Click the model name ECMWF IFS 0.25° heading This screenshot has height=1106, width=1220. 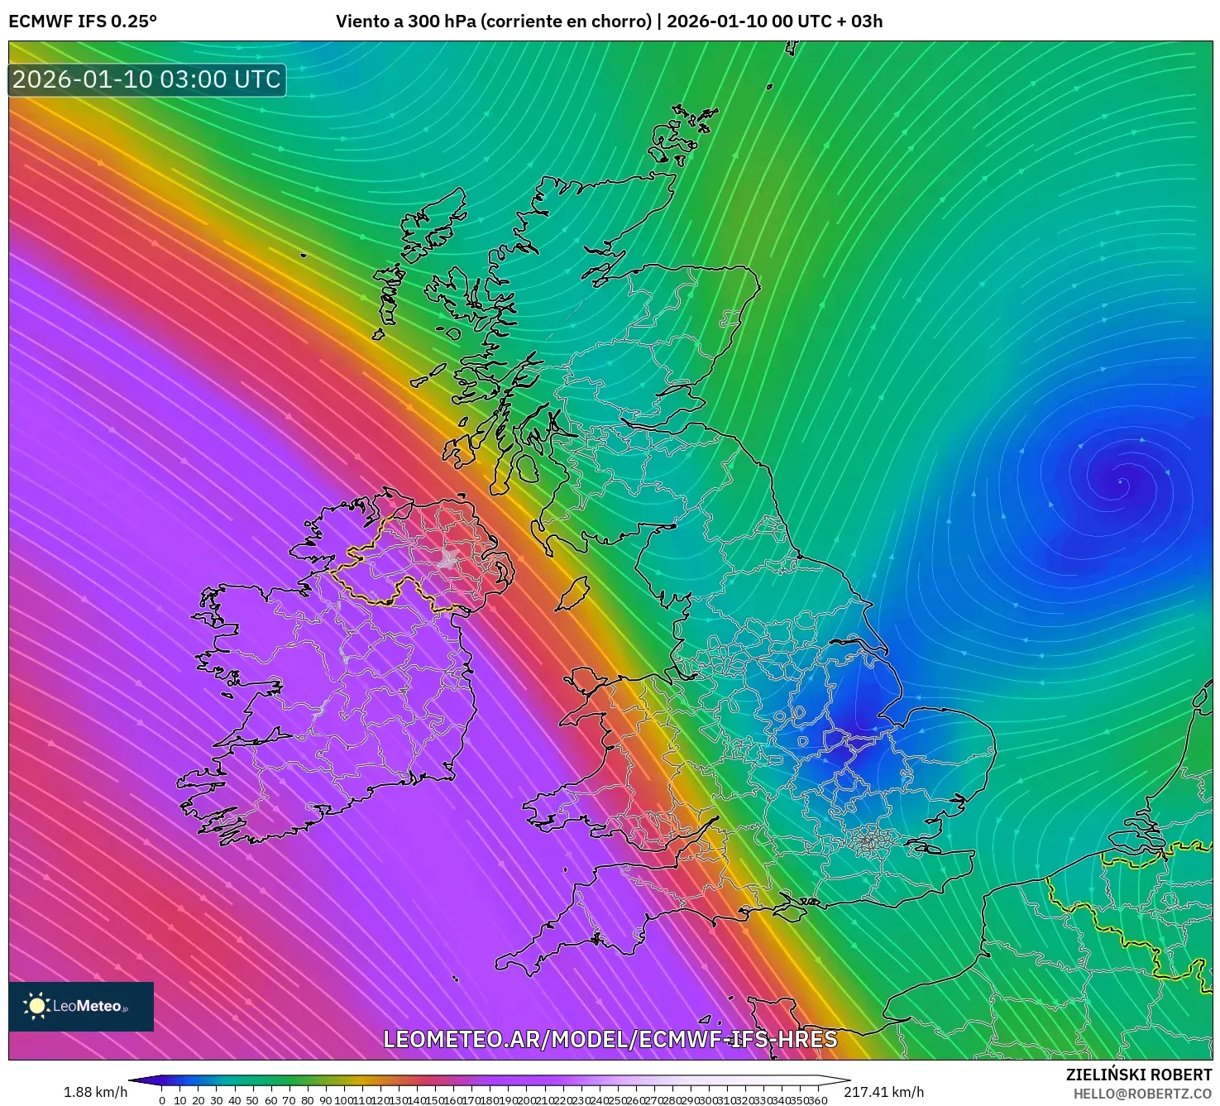coord(83,22)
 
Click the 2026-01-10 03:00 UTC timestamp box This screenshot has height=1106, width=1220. coord(147,79)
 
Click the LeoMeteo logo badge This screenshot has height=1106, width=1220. coord(81,1006)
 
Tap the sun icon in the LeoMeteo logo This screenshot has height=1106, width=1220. coord(36,1006)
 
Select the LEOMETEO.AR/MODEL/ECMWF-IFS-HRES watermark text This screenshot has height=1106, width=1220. coord(610,1039)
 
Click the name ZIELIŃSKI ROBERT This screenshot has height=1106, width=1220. coord(1138,1075)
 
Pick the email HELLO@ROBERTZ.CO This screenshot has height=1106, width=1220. coord(1142,1094)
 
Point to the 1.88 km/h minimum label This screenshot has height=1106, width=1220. coord(95,1092)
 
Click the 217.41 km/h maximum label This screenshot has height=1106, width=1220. coord(883,1092)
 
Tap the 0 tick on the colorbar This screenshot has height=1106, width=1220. coord(162,1100)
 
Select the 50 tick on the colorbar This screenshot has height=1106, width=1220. coord(252,1100)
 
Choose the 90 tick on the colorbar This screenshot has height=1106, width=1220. coord(325,1100)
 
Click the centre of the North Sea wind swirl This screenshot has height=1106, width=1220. coord(1121,481)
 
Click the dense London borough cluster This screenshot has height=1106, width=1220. coord(868,842)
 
